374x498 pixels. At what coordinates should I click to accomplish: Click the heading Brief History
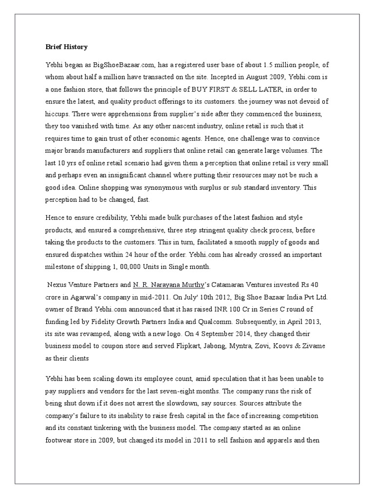[x=63, y=47]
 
